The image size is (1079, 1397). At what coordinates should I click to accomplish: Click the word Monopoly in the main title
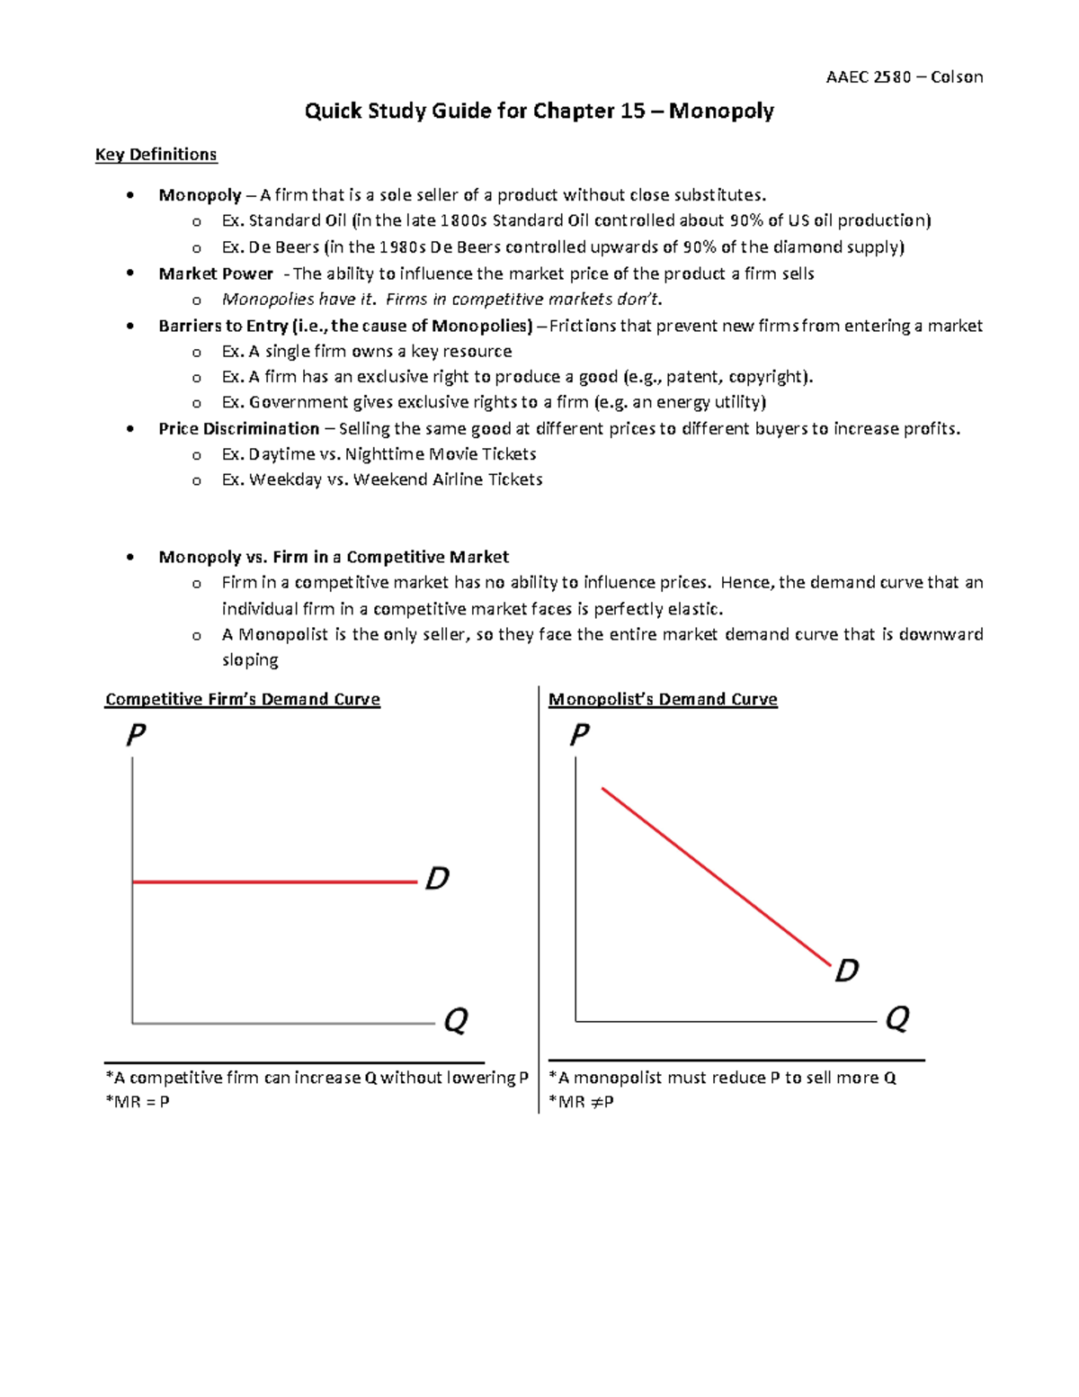tap(721, 111)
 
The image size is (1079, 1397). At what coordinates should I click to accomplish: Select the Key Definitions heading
tap(156, 155)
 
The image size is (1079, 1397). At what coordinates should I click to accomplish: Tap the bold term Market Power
tap(216, 273)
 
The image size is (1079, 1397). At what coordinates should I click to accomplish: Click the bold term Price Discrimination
tap(238, 429)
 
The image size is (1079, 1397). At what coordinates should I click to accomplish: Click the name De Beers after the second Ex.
tap(283, 247)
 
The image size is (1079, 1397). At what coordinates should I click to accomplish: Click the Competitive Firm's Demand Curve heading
tap(243, 700)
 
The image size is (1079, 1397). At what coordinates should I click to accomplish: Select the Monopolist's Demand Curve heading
tap(663, 700)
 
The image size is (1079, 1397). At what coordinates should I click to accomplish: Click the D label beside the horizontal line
tap(437, 878)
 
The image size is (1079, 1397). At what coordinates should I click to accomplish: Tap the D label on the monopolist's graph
tap(847, 971)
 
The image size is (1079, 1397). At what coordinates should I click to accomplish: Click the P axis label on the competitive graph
tap(136, 737)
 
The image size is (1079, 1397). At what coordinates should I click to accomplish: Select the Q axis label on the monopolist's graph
tap(897, 1018)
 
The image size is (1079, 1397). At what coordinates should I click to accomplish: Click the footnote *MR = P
tap(138, 1102)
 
